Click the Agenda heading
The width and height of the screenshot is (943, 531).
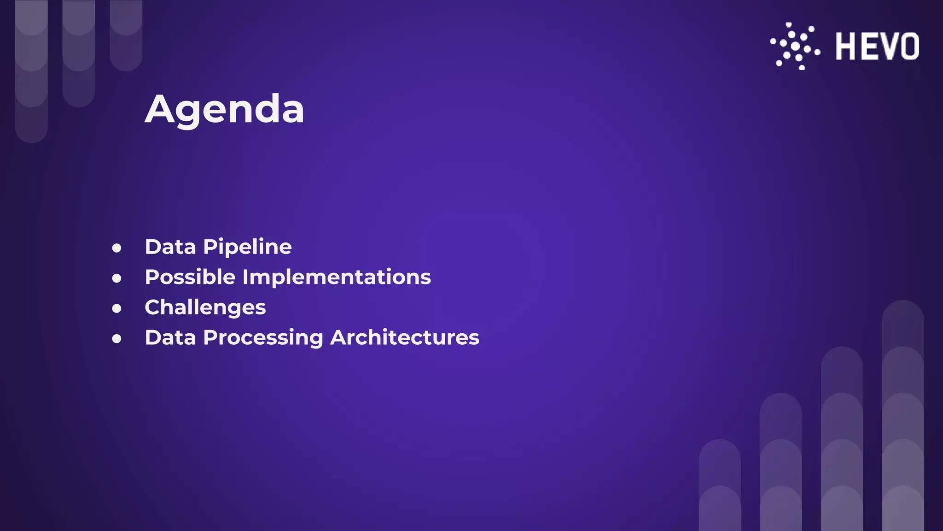[224, 109]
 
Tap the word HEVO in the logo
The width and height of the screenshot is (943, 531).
[877, 47]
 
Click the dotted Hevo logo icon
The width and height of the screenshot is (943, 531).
[795, 47]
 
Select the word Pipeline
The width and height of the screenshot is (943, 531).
[247, 247]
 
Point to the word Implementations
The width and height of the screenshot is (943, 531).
[337, 277]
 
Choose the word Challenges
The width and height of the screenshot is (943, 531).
[205, 307]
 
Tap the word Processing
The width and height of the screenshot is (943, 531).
[263, 338]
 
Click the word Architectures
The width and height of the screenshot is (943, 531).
[405, 337]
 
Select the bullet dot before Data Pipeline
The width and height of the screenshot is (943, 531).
[117, 248]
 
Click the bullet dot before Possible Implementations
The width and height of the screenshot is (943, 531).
[117, 278]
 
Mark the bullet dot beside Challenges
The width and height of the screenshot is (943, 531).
[117, 308]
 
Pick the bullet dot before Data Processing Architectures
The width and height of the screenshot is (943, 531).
[117, 339]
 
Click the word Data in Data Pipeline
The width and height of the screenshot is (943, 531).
[170, 247]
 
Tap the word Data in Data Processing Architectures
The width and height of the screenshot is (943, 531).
[170, 337]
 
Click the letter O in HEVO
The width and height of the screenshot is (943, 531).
[910, 47]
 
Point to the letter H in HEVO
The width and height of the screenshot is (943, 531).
[846, 47]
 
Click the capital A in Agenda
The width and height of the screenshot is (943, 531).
[159, 109]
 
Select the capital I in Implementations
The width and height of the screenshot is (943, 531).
[245, 277]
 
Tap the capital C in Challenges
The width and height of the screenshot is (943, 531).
[153, 307]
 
